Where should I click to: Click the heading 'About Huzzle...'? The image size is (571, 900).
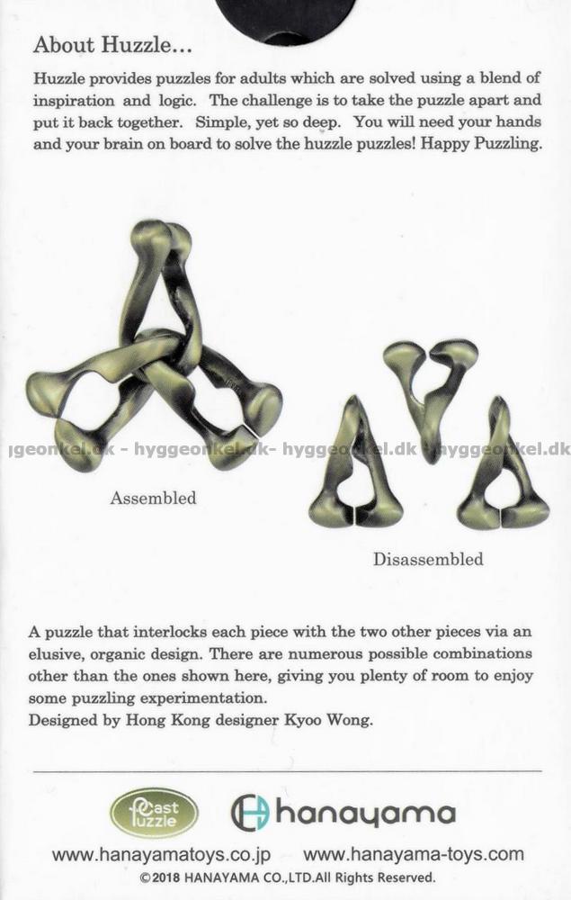click(x=112, y=44)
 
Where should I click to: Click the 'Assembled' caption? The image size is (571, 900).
click(x=153, y=498)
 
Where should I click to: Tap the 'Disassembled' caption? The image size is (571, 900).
click(x=428, y=559)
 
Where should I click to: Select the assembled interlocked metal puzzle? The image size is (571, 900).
click(x=153, y=351)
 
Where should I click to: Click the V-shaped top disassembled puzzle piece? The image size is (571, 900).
click(x=430, y=387)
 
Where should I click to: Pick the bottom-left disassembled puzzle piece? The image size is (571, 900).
click(x=356, y=468)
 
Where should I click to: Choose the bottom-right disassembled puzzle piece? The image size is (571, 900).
click(x=504, y=472)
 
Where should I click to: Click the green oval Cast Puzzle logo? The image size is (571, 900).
click(x=154, y=813)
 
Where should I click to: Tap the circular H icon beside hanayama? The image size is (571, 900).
click(x=250, y=813)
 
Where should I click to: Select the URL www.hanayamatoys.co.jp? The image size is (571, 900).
click(x=160, y=855)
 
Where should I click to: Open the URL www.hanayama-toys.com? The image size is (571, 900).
click(x=413, y=855)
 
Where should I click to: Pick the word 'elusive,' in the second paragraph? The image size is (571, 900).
click(x=58, y=653)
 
